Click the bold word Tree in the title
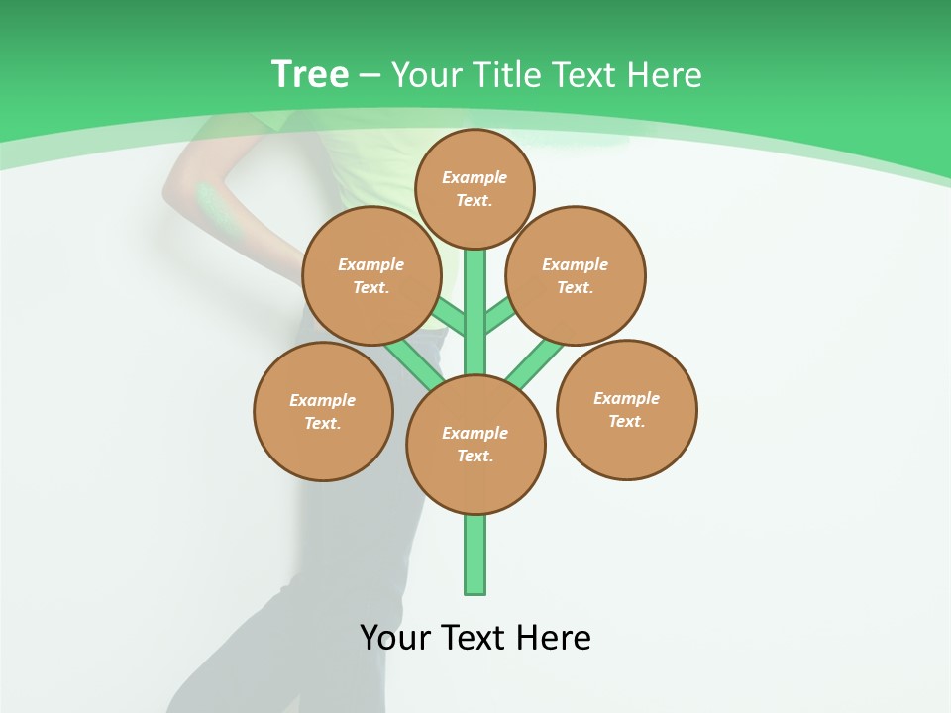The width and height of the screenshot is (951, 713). tap(310, 75)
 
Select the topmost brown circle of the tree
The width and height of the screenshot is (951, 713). tap(475, 189)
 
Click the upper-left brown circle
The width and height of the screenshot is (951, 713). tap(371, 276)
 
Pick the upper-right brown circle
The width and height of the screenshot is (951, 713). tap(576, 276)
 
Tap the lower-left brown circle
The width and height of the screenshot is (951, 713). tap(323, 412)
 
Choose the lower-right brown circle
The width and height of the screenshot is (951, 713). tap(626, 410)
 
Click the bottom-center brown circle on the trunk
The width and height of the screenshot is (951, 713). tap(475, 445)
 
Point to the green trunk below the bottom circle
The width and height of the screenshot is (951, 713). tap(475, 555)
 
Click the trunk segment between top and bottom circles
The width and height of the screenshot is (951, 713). tap(475, 317)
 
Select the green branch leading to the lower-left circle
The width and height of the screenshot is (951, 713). tap(414, 361)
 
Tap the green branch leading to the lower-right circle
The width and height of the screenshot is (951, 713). tap(535, 362)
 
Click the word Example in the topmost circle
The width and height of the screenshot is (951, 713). tap(475, 178)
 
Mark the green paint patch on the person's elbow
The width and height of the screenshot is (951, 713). tap(211, 203)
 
